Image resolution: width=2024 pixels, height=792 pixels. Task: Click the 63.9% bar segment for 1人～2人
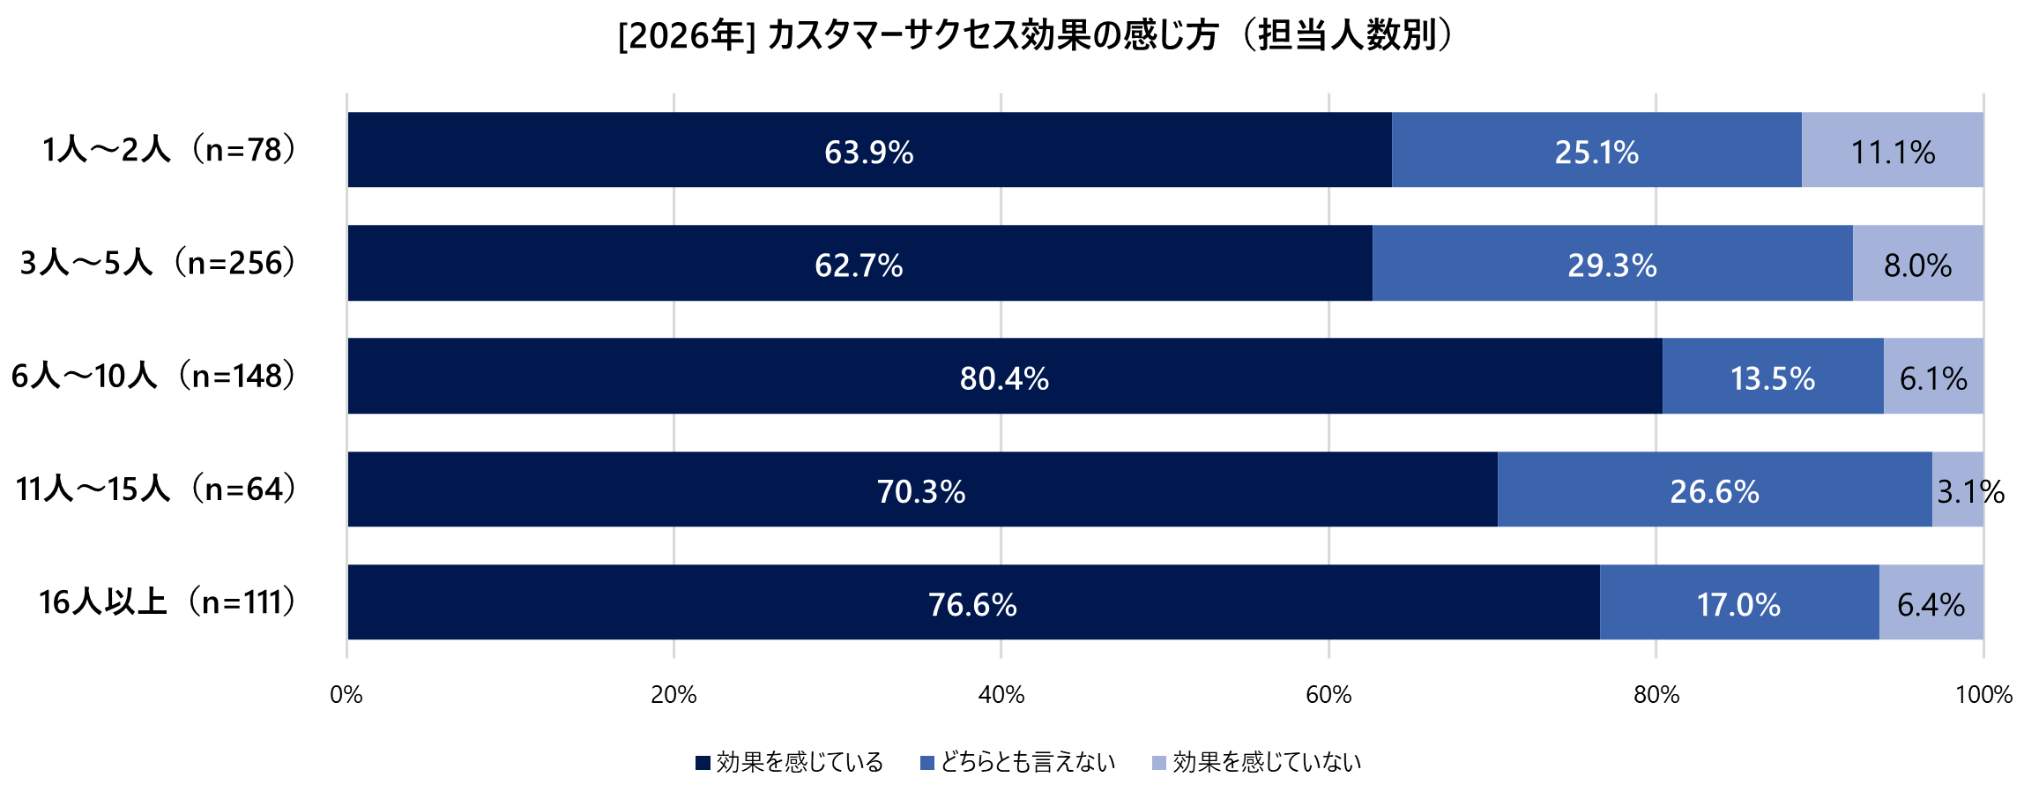(869, 150)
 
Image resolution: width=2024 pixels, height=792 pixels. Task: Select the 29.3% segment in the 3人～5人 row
(1611, 264)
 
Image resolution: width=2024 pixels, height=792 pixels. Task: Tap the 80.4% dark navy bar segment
(1004, 377)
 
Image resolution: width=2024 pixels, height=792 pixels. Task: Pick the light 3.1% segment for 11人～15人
(1957, 489)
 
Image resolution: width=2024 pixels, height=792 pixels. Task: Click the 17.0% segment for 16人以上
(1738, 602)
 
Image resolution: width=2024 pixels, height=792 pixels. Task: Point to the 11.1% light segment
(1892, 150)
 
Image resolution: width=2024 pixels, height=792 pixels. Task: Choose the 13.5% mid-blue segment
(1772, 377)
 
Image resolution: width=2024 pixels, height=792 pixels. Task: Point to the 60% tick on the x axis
(1328, 695)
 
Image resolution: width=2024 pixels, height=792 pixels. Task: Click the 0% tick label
(346, 695)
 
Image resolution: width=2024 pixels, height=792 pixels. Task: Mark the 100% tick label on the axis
(1983, 695)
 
